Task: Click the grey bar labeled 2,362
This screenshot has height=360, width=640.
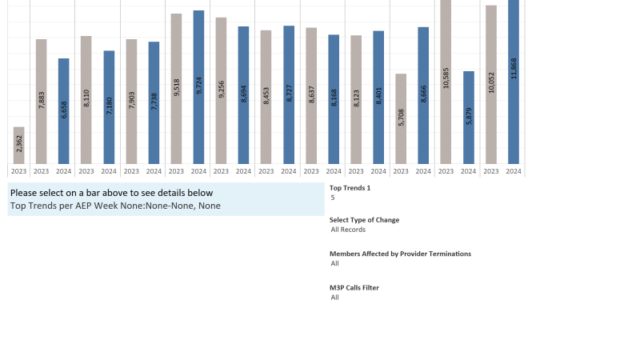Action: [19, 145]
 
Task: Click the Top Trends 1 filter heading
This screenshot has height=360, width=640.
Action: [350, 188]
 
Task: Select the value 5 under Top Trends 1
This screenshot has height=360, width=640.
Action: [333, 198]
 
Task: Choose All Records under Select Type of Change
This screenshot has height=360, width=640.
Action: [348, 230]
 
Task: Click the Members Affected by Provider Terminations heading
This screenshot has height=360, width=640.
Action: [400, 254]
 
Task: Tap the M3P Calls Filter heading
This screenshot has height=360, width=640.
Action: [354, 287]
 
